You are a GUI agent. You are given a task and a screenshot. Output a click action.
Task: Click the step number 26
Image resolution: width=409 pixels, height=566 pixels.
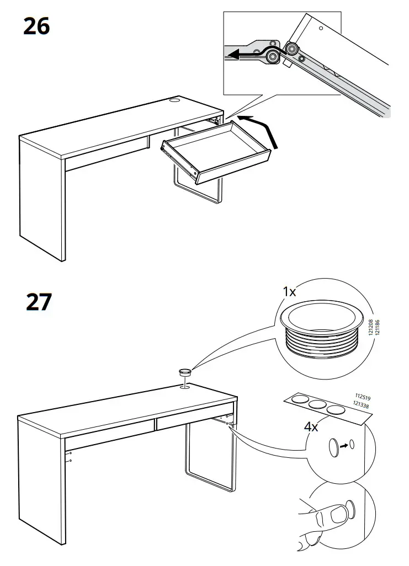36,26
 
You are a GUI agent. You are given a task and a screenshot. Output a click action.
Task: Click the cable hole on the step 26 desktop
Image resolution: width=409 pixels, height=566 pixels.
174,100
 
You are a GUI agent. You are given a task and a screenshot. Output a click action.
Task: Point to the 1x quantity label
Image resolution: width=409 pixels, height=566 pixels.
289,292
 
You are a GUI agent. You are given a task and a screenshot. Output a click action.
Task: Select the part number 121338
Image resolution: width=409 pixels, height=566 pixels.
360,406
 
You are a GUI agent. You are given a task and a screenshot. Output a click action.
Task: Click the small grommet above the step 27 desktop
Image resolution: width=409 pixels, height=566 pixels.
184,373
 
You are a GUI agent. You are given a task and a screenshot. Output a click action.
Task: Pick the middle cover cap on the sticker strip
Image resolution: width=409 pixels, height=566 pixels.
318,405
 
